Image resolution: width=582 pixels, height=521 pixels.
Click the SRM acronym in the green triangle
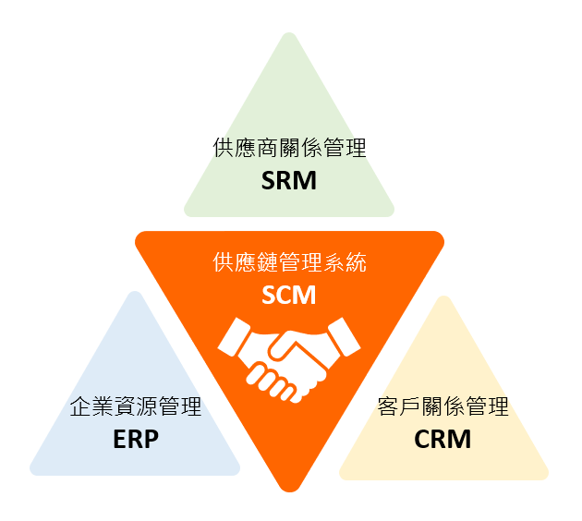tap(289, 180)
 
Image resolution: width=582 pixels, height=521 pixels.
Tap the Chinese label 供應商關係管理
tap(289, 148)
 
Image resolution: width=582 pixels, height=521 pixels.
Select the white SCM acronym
tap(289, 296)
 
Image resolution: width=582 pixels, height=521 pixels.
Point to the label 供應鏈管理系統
tap(289, 262)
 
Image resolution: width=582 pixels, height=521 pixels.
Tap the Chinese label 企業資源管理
tap(136, 406)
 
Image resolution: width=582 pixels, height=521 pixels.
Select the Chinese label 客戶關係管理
tap(443, 406)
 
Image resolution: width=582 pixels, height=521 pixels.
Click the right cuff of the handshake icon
tap(344, 336)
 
